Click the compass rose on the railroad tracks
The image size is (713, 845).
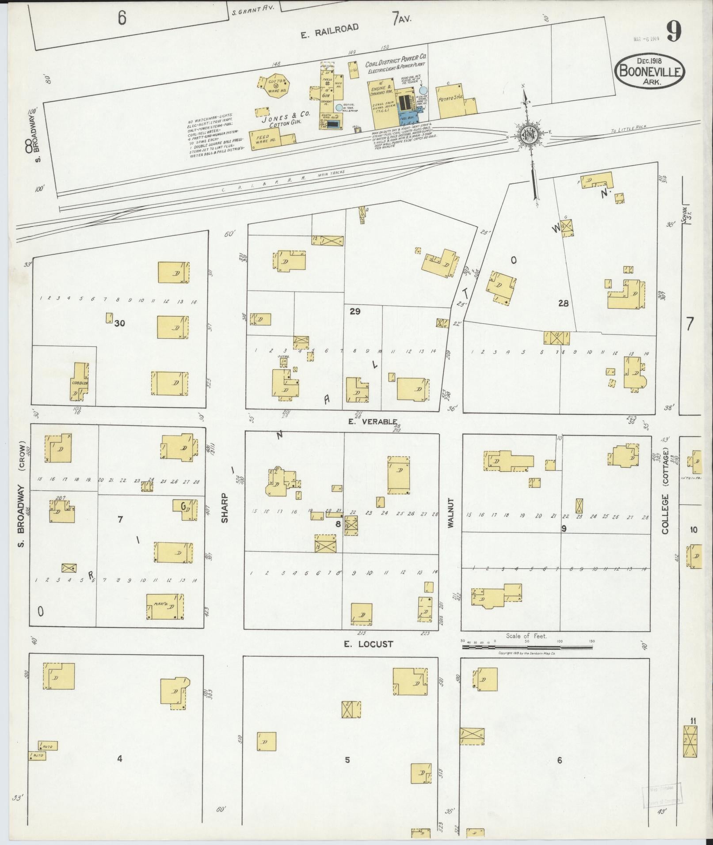coord(529,136)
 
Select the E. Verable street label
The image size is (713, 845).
coord(372,421)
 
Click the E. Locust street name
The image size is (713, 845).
coord(368,644)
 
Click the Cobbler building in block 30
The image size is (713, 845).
coord(80,382)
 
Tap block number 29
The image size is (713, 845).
coord(355,311)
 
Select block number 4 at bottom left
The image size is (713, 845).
coord(119,759)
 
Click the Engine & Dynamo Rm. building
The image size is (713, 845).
coord(381,102)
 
